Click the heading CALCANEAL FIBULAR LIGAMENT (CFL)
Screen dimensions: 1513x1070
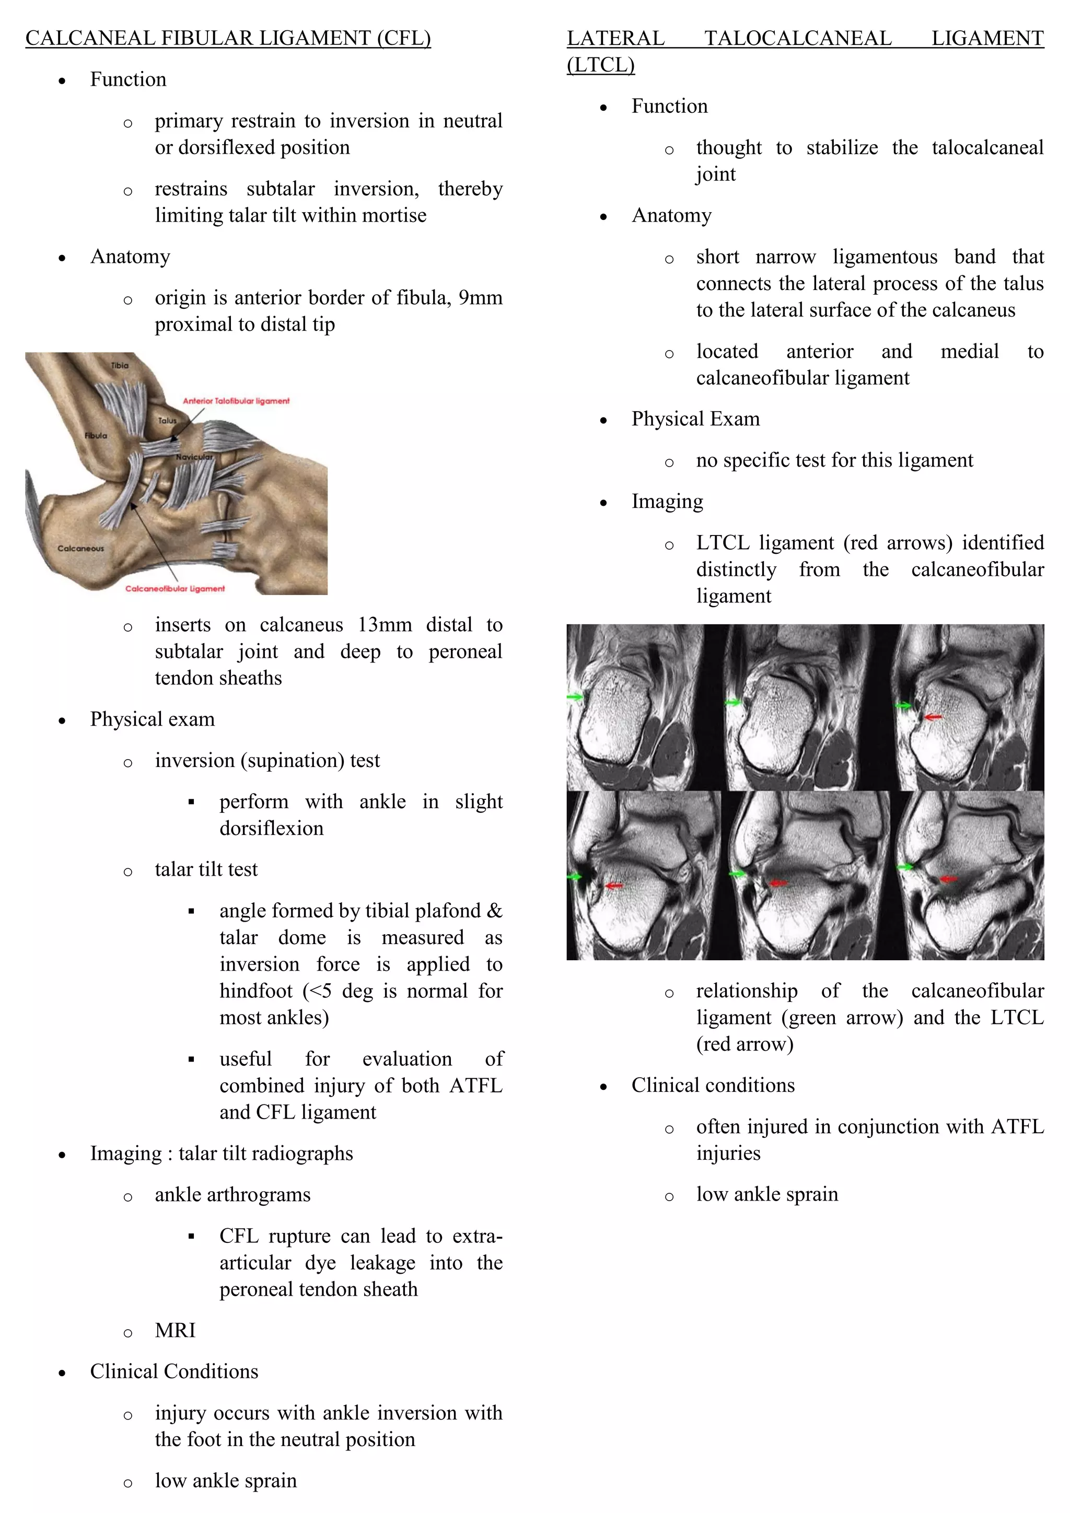(228, 38)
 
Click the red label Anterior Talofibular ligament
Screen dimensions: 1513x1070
(236, 401)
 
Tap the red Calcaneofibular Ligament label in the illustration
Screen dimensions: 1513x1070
(175, 588)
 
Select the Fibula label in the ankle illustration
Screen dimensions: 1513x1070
(96, 436)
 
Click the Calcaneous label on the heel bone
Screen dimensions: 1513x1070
(80, 548)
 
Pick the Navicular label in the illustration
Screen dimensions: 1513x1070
(194, 457)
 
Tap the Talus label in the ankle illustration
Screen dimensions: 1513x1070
(167, 421)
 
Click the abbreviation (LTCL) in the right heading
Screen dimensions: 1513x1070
(600, 65)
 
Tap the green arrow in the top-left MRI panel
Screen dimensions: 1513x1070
(575, 696)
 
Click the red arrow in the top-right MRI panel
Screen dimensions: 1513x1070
(933, 716)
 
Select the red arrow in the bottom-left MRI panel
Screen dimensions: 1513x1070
(614, 886)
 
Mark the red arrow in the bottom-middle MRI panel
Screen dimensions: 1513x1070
(779, 882)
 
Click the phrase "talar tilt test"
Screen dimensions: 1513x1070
(206, 870)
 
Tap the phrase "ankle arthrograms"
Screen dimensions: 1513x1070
(232, 1195)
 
